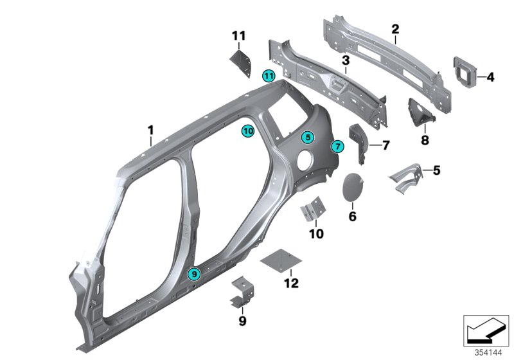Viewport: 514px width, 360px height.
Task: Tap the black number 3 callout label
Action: [x=345, y=60]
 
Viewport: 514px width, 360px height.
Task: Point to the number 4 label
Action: [x=490, y=78]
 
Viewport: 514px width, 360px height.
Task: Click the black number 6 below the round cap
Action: [x=352, y=217]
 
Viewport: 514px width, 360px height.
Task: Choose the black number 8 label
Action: [x=424, y=139]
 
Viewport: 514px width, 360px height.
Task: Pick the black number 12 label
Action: [x=291, y=282]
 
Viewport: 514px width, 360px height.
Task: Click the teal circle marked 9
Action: [x=195, y=274]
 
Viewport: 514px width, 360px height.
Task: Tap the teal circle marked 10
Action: [x=248, y=130]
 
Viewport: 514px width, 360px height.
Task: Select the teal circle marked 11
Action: [x=269, y=76]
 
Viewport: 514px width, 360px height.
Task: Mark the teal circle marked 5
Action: [x=308, y=136]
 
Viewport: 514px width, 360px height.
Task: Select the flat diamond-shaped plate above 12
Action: [x=281, y=262]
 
